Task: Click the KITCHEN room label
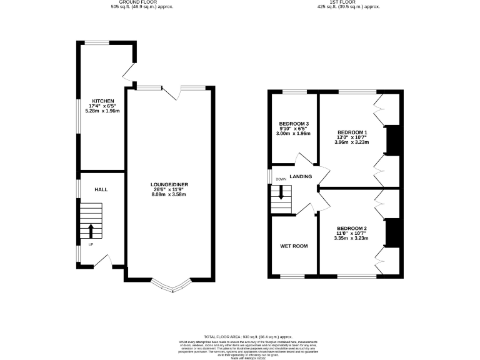tap(103, 101)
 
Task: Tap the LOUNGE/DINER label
tap(169, 184)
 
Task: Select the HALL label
tap(102, 189)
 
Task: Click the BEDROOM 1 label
tap(352, 132)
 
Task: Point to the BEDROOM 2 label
tap(351, 228)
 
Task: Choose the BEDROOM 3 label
tap(293, 124)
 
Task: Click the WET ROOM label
tap(293, 246)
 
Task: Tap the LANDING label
tap(300, 177)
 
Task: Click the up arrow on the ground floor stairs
tap(91, 229)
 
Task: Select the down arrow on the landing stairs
tap(281, 192)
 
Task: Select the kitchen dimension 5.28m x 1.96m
tap(103, 111)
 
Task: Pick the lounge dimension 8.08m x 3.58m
tap(169, 194)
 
